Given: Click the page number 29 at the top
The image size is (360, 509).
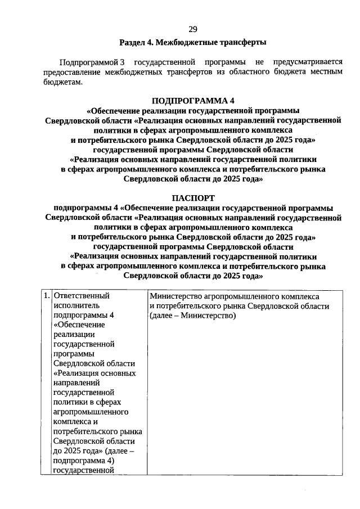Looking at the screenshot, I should click(192, 29).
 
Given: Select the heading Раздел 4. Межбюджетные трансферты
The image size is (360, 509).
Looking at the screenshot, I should click(192, 43).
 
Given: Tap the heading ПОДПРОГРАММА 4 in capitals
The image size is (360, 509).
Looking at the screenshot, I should click(192, 101).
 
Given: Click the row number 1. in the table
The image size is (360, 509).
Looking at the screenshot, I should click(46, 295).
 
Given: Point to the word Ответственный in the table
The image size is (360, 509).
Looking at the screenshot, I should click(81, 295).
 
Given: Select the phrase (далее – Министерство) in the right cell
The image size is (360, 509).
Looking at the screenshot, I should click(192, 315).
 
